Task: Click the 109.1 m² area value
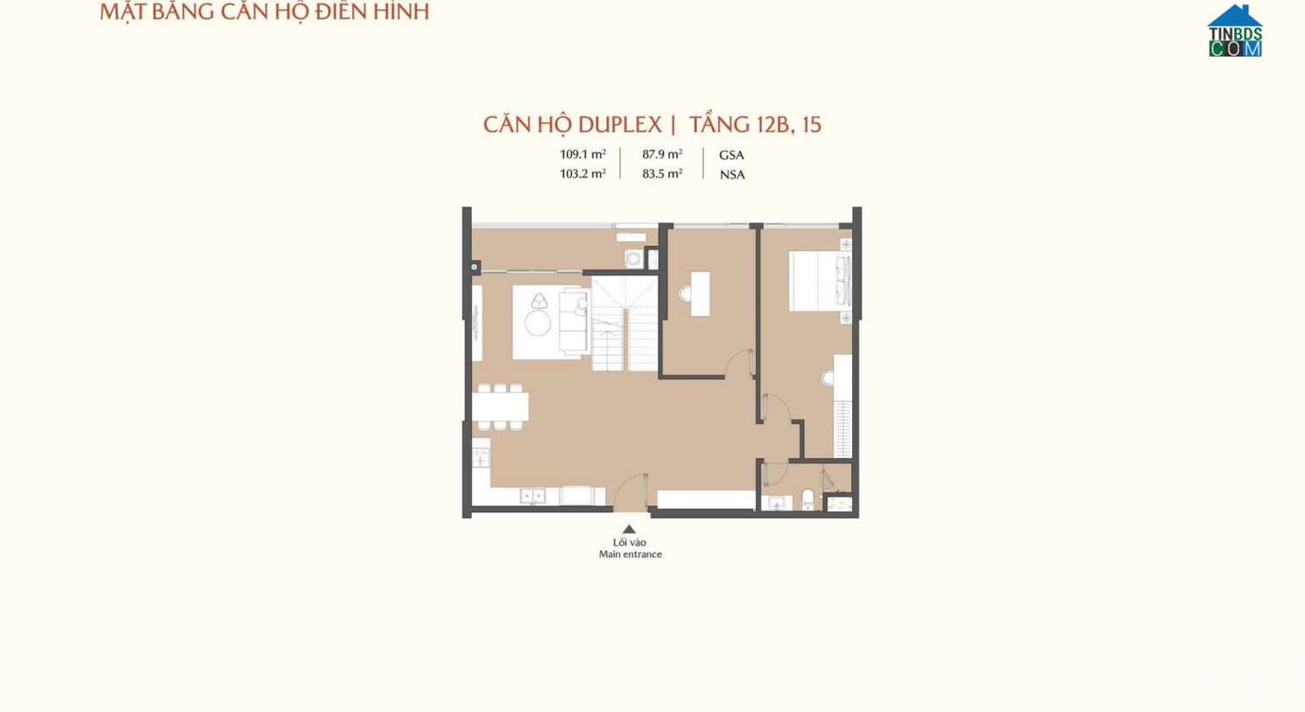582,154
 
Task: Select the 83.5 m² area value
662,173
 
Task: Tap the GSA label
731,155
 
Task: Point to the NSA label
731,174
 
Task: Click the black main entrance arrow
629,529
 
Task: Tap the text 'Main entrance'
631,554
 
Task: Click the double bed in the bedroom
820,281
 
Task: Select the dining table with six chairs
500,406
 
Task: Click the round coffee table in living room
537,323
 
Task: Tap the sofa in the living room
574,321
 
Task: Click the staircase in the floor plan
624,324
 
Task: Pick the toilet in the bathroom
808,498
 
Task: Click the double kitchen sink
533,497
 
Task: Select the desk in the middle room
700,294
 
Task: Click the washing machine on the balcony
632,258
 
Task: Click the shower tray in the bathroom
840,504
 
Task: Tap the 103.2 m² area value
582,173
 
